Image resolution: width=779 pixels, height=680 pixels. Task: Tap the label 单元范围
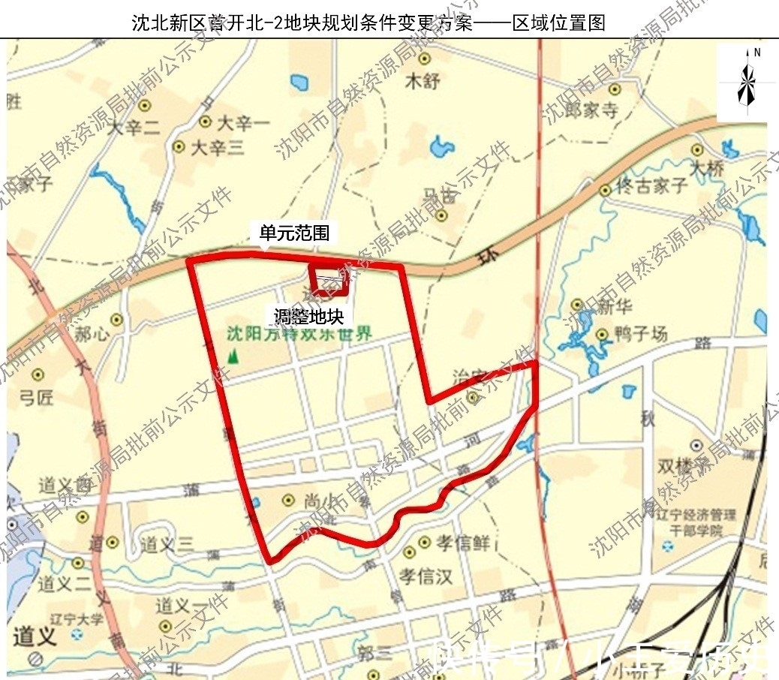coord(294,233)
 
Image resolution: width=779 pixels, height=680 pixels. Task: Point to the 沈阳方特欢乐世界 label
coord(299,334)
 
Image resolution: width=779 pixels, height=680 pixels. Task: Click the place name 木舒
coord(422,81)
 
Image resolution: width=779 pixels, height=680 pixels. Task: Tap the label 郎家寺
coord(591,110)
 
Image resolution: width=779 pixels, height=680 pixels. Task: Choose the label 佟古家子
coord(651,185)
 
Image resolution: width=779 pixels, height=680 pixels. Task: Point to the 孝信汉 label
coord(426,576)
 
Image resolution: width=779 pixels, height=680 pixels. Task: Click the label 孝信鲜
coord(464,542)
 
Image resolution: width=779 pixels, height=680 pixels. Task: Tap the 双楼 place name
coord(674,466)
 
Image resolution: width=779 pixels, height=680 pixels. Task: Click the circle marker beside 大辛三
coord(179,147)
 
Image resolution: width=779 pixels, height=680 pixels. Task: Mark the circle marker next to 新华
coord(577,305)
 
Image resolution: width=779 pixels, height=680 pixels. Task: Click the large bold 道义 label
coord(35,638)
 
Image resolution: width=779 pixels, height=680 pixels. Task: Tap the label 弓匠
coord(36,397)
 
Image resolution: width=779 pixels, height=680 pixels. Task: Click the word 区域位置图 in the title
coord(558,23)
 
